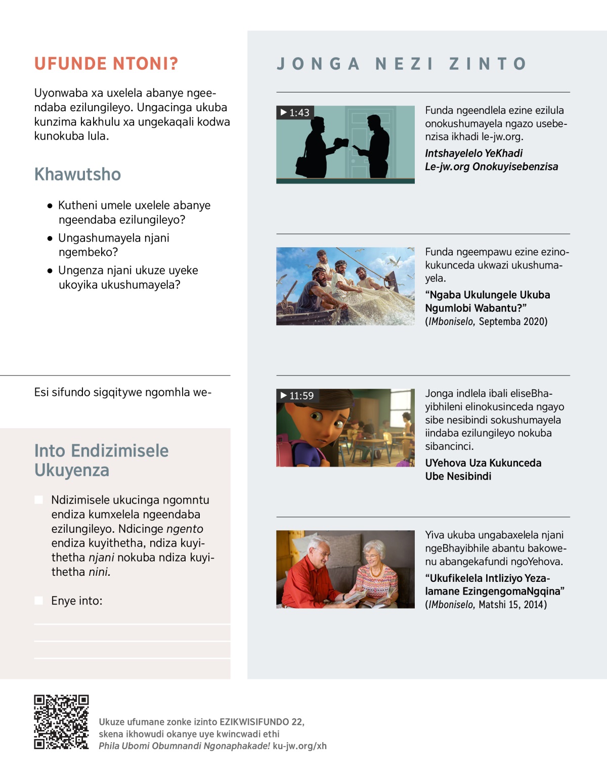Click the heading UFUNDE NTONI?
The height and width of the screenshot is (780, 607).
pos(106,64)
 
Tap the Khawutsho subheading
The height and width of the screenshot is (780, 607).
pos(77,174)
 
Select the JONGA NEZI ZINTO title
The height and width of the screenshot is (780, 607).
pos(402,64)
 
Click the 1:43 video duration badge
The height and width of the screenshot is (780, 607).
pos(295,112)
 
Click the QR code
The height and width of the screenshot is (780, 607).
pos(61,721)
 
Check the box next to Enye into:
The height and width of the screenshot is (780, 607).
pos(38,601)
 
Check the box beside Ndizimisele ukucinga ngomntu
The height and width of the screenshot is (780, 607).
pos(38,500)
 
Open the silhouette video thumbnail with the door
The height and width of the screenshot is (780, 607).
pos(345,144)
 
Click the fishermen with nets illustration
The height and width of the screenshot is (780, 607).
pos(345,286)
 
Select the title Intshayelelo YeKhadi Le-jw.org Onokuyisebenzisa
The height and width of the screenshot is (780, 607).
pos(491,160)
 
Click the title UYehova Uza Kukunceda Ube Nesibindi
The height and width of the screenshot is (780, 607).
pos(483,470)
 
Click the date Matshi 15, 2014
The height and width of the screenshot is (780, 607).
pos(512,605)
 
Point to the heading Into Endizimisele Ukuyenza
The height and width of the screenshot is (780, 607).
pos(101,460)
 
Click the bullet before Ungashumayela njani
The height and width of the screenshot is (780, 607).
pos(50,238)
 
